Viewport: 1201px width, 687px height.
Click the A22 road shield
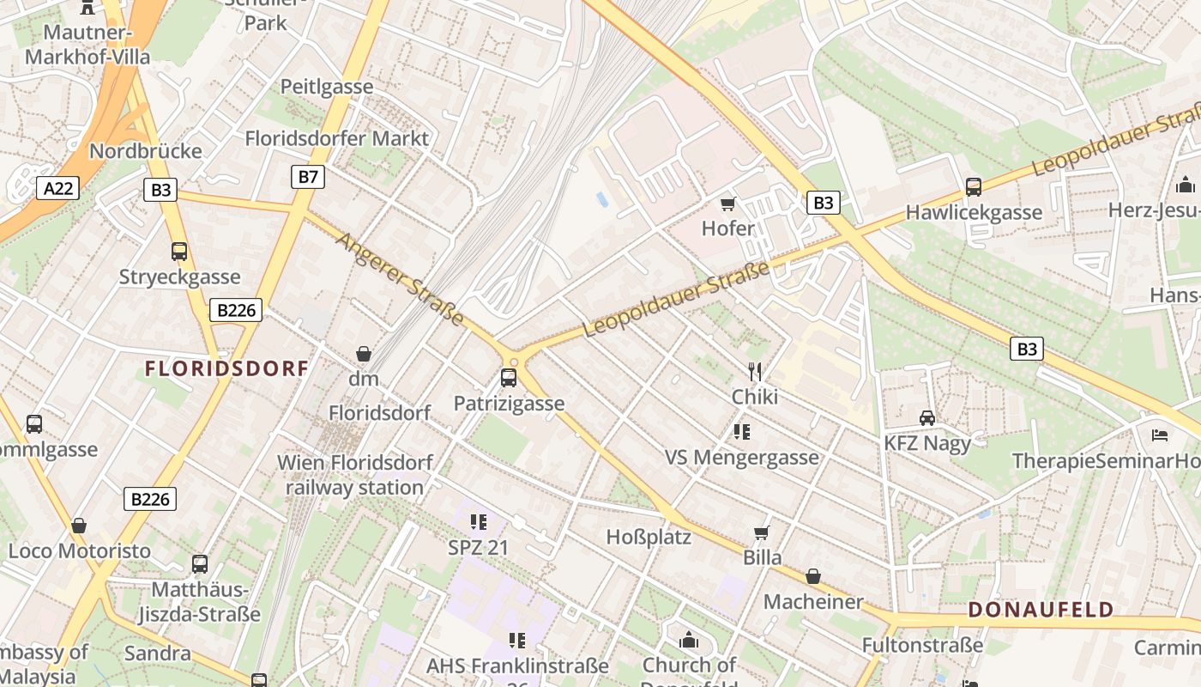point(57,189)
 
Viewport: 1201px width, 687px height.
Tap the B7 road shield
point(308,178)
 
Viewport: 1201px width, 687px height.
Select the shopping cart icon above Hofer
point(728,204)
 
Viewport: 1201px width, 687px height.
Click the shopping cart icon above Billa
point(761,532)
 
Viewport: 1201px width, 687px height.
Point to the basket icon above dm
point(364,354)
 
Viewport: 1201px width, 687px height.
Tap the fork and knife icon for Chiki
point(755,371)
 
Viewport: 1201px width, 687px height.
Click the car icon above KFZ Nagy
point(927,418)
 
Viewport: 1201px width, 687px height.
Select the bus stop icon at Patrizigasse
point(509,378)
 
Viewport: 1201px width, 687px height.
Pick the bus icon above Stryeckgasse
point(179,252)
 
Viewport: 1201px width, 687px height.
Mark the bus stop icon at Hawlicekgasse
point(974,187)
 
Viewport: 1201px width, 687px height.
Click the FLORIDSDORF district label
point(226,369)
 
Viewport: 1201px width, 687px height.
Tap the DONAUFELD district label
point(1041,611)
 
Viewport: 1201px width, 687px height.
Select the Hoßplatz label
point(649,538)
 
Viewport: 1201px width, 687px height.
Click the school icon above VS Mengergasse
point(742,432)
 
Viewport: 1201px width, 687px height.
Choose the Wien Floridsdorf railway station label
point(354,475)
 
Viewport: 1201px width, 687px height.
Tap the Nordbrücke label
point(146,151)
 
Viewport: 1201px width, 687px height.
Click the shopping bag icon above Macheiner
point(812,576)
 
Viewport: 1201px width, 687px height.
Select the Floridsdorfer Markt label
point(337,138)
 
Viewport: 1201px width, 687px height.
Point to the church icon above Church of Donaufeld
point(689,641)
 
